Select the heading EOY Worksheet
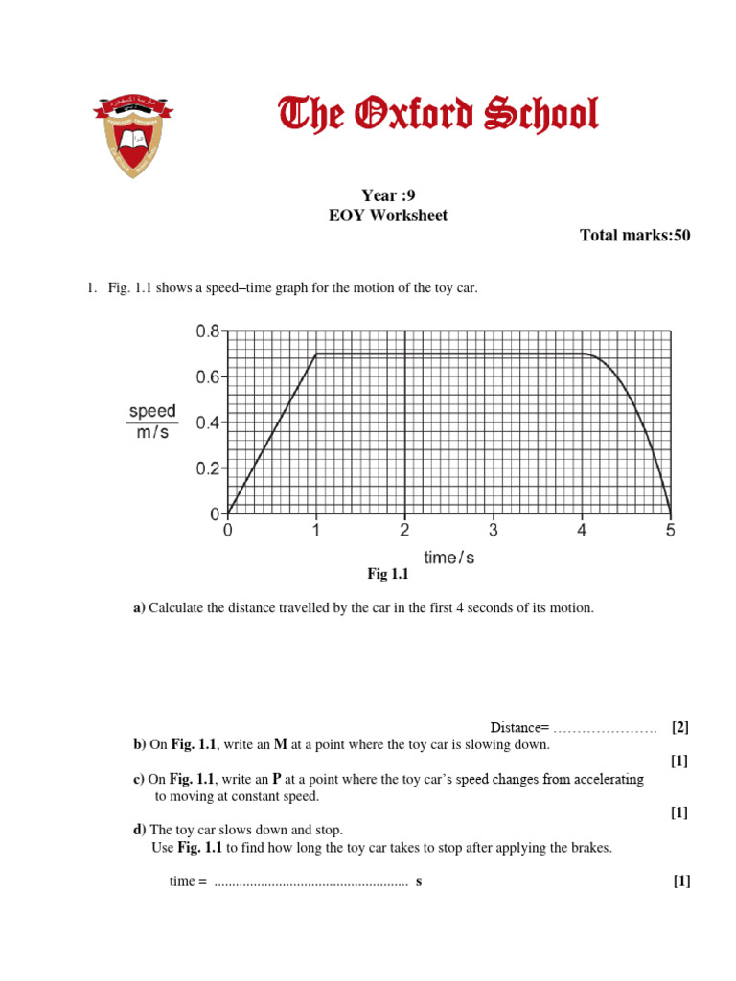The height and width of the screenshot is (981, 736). tap(388, 216)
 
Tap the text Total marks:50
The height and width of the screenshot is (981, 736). tap(634, 236)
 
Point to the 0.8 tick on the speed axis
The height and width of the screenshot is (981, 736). tap(209, 331)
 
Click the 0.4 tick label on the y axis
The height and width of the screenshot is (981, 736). tap(209, 422)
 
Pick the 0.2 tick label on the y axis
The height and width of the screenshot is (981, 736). tap(209, 468)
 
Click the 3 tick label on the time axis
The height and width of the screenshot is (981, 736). tap(494, 531)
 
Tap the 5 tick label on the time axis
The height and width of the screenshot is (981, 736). tap(670, 531)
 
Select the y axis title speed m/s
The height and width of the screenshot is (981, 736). tap(152, 422)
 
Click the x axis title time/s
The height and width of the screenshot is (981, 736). tap(448, 558)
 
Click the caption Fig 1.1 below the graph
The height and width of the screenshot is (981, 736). tap(388, 574)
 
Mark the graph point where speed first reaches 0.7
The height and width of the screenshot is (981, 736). tap(316, 354)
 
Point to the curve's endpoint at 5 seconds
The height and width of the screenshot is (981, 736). tap(670, 513)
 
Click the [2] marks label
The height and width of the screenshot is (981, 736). tap(680, 727)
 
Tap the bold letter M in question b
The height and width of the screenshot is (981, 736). tap(281, 744)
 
